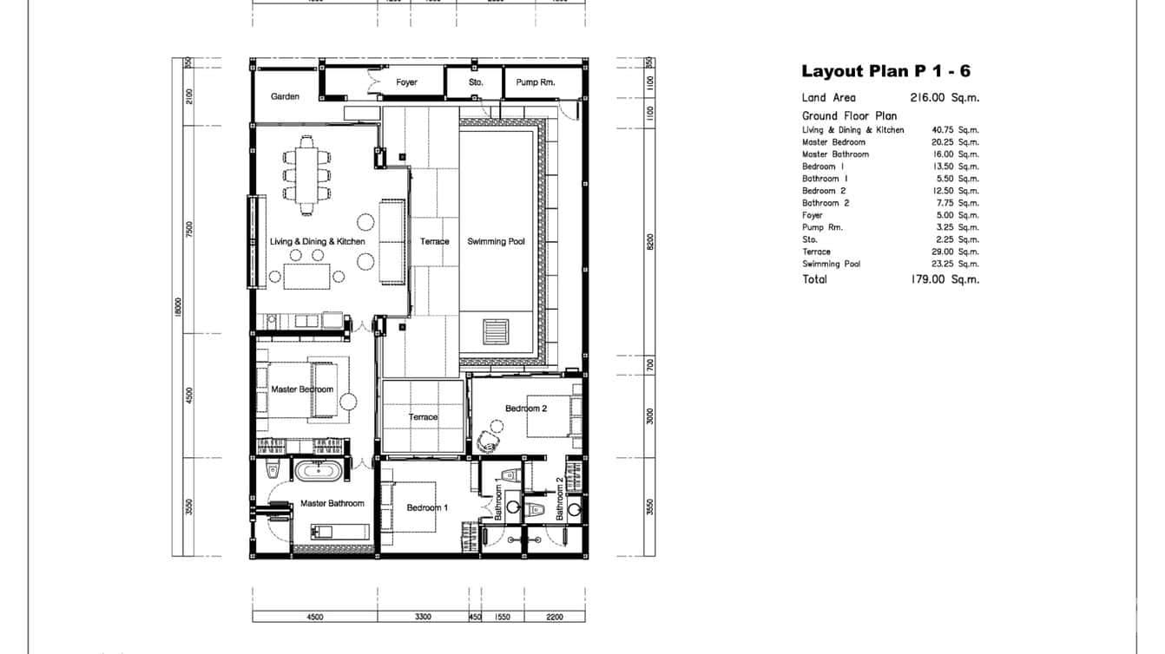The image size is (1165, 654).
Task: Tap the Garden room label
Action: [x=285, y=96]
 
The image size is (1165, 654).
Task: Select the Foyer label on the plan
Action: [x=406, y=82]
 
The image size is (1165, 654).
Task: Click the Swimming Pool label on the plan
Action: [x=496, y=241]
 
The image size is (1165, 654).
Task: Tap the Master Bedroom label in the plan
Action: [x=301, y=389]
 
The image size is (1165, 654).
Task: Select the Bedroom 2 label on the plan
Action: [x=526, y=409]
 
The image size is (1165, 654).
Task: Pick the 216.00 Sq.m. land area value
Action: [x=945, y=98]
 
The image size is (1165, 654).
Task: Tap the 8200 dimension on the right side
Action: [x=649, y=240]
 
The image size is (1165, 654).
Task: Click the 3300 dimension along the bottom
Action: [x=422, y=617]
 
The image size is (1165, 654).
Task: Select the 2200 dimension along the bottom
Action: [x=555, y=617]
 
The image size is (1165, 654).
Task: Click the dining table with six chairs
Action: [x=306, y=174]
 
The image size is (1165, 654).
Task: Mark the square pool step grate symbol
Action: [x=495, y=330]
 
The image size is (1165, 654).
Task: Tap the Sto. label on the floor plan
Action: [x=475, y=82]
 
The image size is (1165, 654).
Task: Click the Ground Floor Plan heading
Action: [x=849, y=115]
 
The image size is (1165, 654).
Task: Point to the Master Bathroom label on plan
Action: [x=332, y=503]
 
